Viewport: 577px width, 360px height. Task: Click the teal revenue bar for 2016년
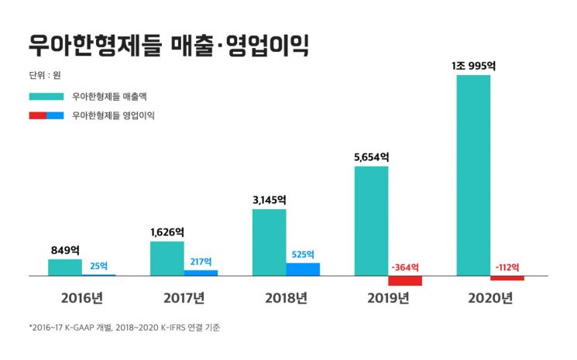[64, 267]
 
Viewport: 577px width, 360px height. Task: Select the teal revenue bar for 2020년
[473, 175]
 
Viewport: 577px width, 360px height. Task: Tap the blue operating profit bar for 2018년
[303, 269]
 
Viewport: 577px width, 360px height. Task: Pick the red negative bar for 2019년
[404, 280]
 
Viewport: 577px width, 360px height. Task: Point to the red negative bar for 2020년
[507, 278]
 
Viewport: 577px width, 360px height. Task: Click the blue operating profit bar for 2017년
[201, 273]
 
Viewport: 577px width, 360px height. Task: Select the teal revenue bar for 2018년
[269, 242]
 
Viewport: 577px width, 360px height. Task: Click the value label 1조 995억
[473, 66]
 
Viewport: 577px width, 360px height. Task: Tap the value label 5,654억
[371, 157]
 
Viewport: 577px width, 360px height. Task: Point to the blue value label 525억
[303, 255]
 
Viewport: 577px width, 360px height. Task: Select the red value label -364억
[404, 267]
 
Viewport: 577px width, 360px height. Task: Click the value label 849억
[65, 250]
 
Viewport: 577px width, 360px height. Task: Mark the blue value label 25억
[99, 266]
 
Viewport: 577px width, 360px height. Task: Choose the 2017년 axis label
[184, 298]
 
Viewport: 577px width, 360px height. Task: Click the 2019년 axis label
[388, 298]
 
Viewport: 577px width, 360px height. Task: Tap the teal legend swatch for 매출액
[46, 98]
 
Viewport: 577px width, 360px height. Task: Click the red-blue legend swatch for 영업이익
[46, 115]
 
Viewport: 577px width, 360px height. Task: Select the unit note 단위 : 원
[44, 75]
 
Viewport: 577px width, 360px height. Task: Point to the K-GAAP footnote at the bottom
[124, 327]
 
